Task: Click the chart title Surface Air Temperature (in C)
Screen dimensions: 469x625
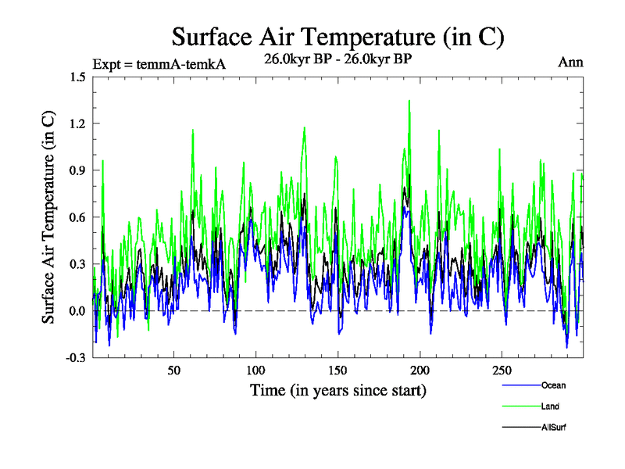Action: pyautogui.click(x=337, y=37)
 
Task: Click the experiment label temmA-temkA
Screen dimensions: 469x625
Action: pyautogui.click(x=159, y=64)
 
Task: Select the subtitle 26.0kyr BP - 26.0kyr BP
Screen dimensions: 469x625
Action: pyautogui.click(x=337, y=60)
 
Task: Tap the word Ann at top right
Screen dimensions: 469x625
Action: pyautogui.click(x=570, y=62)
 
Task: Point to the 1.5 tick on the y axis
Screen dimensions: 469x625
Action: pyautogui.click(x=77, y=77)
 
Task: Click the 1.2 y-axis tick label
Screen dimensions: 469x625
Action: pyautogui.click(x=77, y=124)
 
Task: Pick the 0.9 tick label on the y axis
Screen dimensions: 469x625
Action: pyautogui.click(x=77, y=170)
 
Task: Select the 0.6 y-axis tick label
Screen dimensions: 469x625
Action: pyautogui.click(x=77, y=217)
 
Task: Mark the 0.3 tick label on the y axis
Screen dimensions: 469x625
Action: pyautogui.click(x=77, y=264)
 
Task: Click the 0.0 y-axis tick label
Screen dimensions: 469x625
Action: pyautogui.click(x=77, y=311)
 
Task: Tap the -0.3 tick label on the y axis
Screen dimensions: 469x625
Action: pyautogui.click(x=75, y=358)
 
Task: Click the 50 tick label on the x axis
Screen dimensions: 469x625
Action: pyautogui.click(x=174, y=370)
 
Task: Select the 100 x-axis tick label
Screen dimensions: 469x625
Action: pyautogui.click(x=256, y=370)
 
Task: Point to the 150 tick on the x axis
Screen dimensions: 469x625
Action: pyautogui.click(x=338, y=370)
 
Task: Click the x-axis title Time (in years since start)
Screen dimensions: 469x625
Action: pyautogui.click(x=337, y=389)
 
